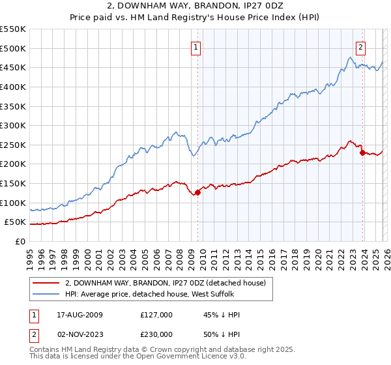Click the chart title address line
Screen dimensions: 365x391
195,5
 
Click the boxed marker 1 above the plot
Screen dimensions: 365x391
196,46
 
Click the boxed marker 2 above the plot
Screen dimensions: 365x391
360,46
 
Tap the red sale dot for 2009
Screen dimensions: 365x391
198,192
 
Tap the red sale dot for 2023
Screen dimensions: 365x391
362,153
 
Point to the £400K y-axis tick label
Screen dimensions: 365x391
13,87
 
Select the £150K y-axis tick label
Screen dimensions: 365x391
13,183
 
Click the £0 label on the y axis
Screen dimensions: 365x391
20,241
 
